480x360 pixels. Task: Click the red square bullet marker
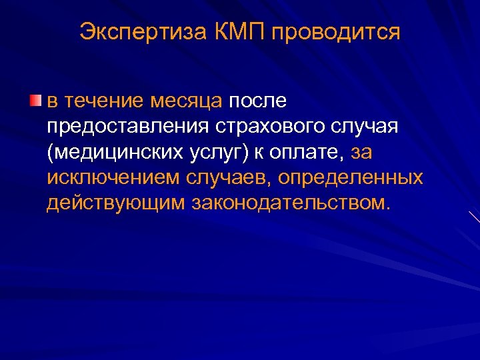point(35,101)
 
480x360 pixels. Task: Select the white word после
point(257,101)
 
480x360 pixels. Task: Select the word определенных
point(351,177)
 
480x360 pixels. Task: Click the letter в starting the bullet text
point(52,101)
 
